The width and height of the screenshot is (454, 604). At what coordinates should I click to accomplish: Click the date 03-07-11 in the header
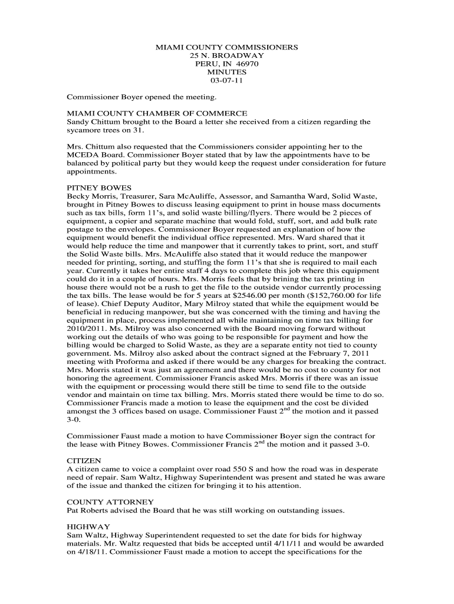click(226, 80)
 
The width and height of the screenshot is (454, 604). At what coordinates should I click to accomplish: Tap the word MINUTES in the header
click(226, 72)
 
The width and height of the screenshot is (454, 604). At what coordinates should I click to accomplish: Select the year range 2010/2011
click(87, 328)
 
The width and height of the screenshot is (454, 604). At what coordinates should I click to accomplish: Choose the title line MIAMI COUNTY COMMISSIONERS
click(226, 46)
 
